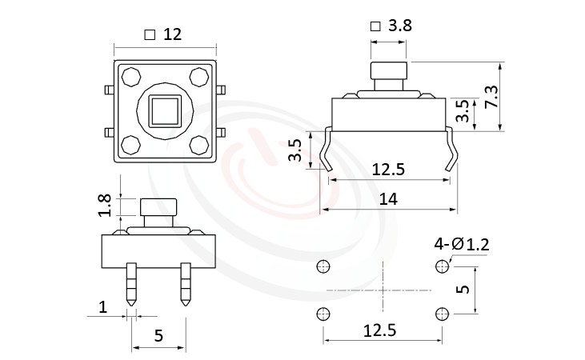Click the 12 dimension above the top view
pos(172,34)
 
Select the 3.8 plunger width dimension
pos(399,26)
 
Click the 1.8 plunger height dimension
pos(104,206)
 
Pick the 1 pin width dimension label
pos(102,307)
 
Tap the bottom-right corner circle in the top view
pos(199,145)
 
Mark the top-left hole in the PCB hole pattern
pos(323,266)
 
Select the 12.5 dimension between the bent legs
pos(389,170)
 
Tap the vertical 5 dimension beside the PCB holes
pos(461,289)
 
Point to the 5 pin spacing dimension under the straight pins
pos(158,335)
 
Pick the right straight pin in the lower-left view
pos(186,285)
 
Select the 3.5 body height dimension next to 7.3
pos(462,110)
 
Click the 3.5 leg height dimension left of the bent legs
pos(295,150)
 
